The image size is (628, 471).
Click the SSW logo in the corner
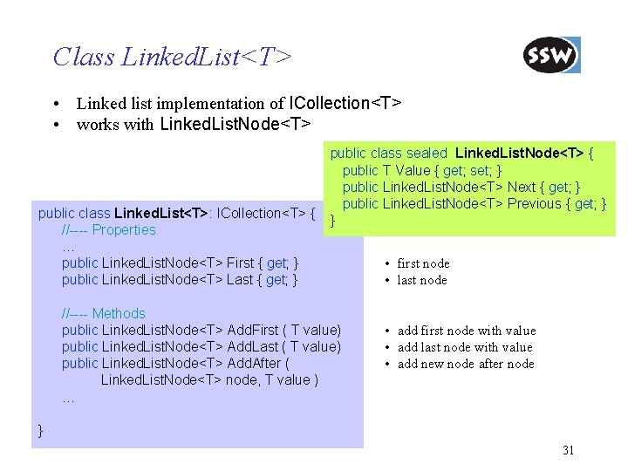551,56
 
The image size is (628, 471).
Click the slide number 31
569,450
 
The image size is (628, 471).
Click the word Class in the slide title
84,58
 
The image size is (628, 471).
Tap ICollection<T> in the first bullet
344,104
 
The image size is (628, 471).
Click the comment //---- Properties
108,230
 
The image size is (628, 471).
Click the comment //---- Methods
103,313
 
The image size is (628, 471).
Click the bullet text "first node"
423,263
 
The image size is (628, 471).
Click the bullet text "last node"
422,280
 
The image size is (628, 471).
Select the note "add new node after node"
466,364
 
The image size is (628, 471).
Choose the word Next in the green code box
521,187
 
